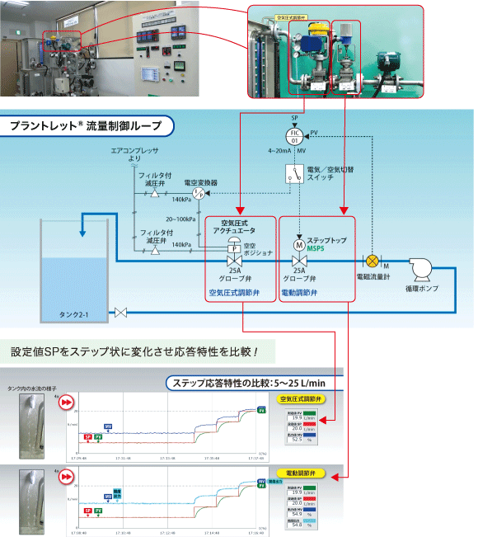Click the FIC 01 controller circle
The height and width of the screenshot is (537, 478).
tap(296, 135)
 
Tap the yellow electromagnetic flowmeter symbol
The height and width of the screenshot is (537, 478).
tap(372, 261)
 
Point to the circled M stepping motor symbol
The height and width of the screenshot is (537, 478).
tap(298, 244)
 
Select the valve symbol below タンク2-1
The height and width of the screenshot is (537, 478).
tap(122, 313)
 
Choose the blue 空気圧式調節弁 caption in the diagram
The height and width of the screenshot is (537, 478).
tap(236, 292)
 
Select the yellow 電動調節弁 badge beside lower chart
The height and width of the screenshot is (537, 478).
tap(305, 473)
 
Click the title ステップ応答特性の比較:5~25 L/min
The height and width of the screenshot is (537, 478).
tap(249, 383)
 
